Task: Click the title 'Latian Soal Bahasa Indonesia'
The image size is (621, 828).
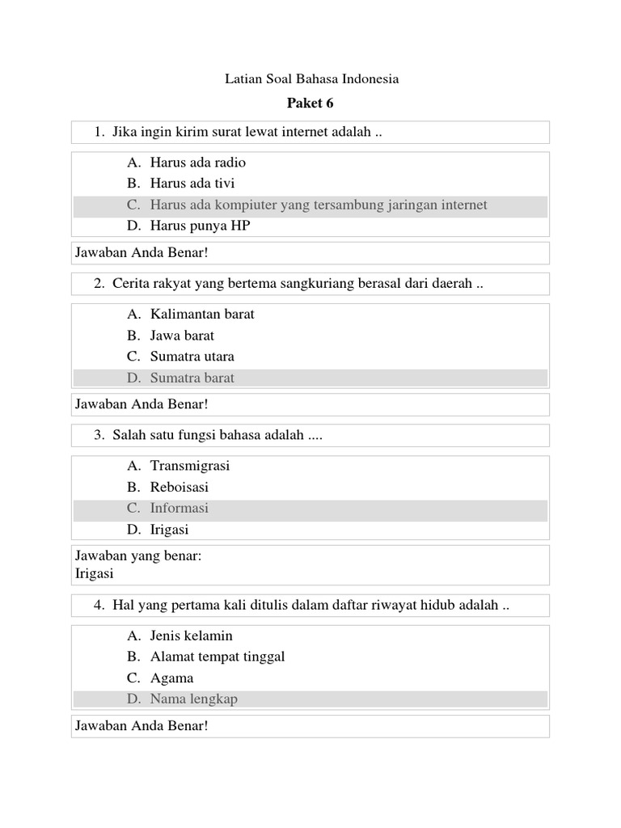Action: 310,79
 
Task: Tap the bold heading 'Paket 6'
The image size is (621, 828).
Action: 310,103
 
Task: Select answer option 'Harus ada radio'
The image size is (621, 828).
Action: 197,163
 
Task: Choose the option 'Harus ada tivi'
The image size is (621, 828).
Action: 192,184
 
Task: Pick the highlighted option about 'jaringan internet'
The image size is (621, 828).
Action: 319,205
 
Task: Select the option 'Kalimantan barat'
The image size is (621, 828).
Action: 202,314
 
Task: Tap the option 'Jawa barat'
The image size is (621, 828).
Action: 182,335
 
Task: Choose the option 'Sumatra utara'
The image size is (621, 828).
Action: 192,356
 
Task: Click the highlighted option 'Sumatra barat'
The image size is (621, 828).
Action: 192,378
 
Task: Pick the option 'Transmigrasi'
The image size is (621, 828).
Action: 190,466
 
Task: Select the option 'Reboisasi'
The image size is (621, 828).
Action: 180,487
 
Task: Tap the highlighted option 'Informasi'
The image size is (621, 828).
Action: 179,508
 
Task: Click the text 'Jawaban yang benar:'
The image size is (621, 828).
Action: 137,556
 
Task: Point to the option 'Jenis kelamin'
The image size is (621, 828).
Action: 191,636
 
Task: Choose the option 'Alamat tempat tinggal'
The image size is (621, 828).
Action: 218,657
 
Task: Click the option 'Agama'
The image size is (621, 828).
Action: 171,678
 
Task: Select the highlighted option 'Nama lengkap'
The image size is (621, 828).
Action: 194,699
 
